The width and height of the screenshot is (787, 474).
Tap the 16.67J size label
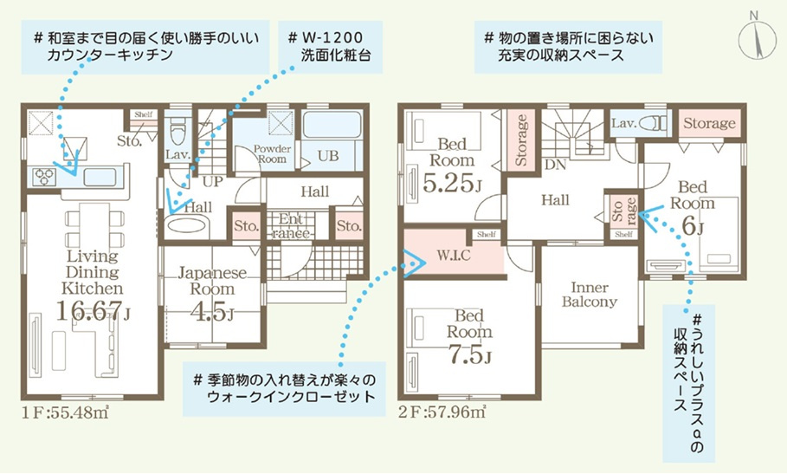pos(93,311)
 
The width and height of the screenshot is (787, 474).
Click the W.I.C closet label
pos(453,255)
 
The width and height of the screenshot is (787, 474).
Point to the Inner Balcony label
pos(590,295)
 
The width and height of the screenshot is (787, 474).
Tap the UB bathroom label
pos(328,156)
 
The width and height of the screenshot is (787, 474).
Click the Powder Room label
pos(272,153)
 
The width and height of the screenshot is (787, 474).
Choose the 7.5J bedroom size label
pos(470,354)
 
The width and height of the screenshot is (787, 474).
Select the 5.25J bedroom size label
pos(452,183)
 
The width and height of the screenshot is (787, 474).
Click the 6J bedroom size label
pos(692,226)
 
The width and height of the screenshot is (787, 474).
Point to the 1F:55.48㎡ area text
pos(66,412)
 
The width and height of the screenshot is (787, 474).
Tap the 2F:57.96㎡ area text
pos(442,412)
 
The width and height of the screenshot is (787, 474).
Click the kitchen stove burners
pos(43,177)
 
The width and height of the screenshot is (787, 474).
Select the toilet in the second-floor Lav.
pos(655,122)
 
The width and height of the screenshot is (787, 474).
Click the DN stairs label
pos(555,164)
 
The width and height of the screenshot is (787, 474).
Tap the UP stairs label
pos(212,181)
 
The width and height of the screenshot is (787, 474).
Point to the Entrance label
pos(291,226)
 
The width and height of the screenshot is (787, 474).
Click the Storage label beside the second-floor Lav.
pos(709,123)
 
